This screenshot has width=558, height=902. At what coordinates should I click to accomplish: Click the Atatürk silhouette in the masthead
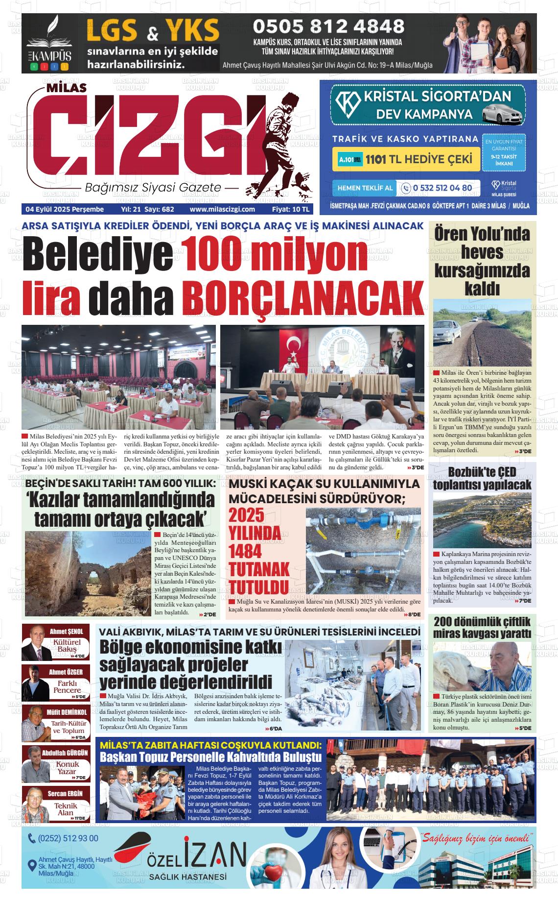point(286,142)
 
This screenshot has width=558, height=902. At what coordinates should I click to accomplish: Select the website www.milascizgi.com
point(222,209)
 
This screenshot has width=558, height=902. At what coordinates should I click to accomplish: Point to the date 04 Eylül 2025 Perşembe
point(65,209)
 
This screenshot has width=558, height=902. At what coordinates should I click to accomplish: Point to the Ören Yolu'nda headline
point(482,234)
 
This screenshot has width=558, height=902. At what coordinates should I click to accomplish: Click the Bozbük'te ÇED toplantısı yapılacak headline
point(482,478)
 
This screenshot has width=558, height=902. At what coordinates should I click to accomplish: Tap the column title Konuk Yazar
point(67,768)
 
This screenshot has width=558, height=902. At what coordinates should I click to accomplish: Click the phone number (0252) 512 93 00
point(68,839)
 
